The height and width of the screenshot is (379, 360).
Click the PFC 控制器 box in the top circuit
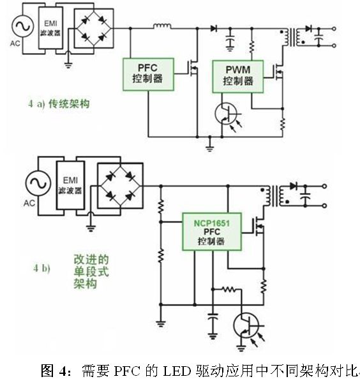click(148, 74)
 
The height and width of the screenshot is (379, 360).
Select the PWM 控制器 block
click(238, 77)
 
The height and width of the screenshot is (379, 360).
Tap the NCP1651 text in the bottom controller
click(212, 223)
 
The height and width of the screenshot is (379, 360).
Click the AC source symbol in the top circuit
click(23, 27)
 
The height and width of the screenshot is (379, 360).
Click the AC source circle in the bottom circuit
click(38, 183)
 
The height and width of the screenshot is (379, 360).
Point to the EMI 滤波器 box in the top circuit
click(50, 27)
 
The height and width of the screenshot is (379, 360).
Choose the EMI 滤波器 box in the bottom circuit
click(70, 185)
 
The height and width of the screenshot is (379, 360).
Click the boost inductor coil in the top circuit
click(163, 26)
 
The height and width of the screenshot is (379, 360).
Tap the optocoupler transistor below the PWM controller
click(227, 114)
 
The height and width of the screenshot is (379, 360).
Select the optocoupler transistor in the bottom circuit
click(246, 325)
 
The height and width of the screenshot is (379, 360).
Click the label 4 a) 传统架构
click(59, 104)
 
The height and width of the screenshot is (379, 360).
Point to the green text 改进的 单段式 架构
click(91, 272)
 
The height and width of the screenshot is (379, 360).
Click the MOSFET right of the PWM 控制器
click(279, 72)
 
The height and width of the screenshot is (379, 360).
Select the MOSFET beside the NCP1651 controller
click(259, 226)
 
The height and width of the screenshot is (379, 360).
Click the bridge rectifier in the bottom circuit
click(120, 185)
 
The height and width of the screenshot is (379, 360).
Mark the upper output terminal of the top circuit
click(334, 29)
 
